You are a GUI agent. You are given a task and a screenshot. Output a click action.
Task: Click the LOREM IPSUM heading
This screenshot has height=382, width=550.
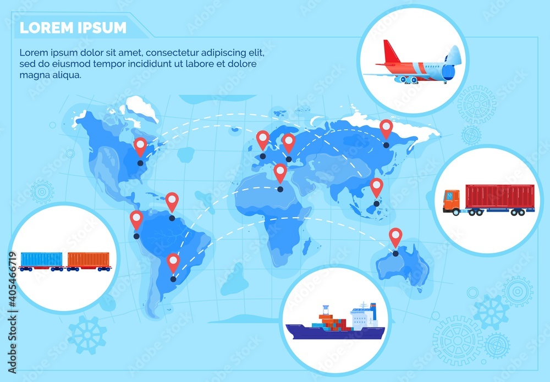[x=73, y=27]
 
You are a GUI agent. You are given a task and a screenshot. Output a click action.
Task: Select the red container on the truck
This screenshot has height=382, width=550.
[x=499, y=197]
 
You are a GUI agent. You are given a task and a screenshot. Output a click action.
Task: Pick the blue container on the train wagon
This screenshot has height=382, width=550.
[x=42, y=259]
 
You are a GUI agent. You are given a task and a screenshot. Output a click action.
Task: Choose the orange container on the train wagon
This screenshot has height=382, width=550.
[x=89, y=259]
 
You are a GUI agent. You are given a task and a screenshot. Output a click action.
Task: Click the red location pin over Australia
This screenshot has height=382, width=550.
[x=395, y=237]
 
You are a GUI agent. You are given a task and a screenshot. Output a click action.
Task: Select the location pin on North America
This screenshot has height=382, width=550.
[x=140, y=146]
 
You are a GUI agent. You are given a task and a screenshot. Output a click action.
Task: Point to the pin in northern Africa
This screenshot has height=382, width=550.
[x=280, y=173]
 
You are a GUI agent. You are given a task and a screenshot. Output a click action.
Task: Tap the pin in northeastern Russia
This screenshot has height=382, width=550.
[x=386, y=129]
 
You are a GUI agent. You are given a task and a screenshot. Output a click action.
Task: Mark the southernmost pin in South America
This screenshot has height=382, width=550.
[x=173, y=262]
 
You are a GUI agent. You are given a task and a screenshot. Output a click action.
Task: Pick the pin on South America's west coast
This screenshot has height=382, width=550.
[x=136, y=220]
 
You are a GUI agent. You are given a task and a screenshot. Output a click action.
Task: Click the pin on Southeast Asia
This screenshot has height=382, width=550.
[x=376, y=187]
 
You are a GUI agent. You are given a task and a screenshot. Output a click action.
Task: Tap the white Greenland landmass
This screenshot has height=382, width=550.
[x=141, y=108]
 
